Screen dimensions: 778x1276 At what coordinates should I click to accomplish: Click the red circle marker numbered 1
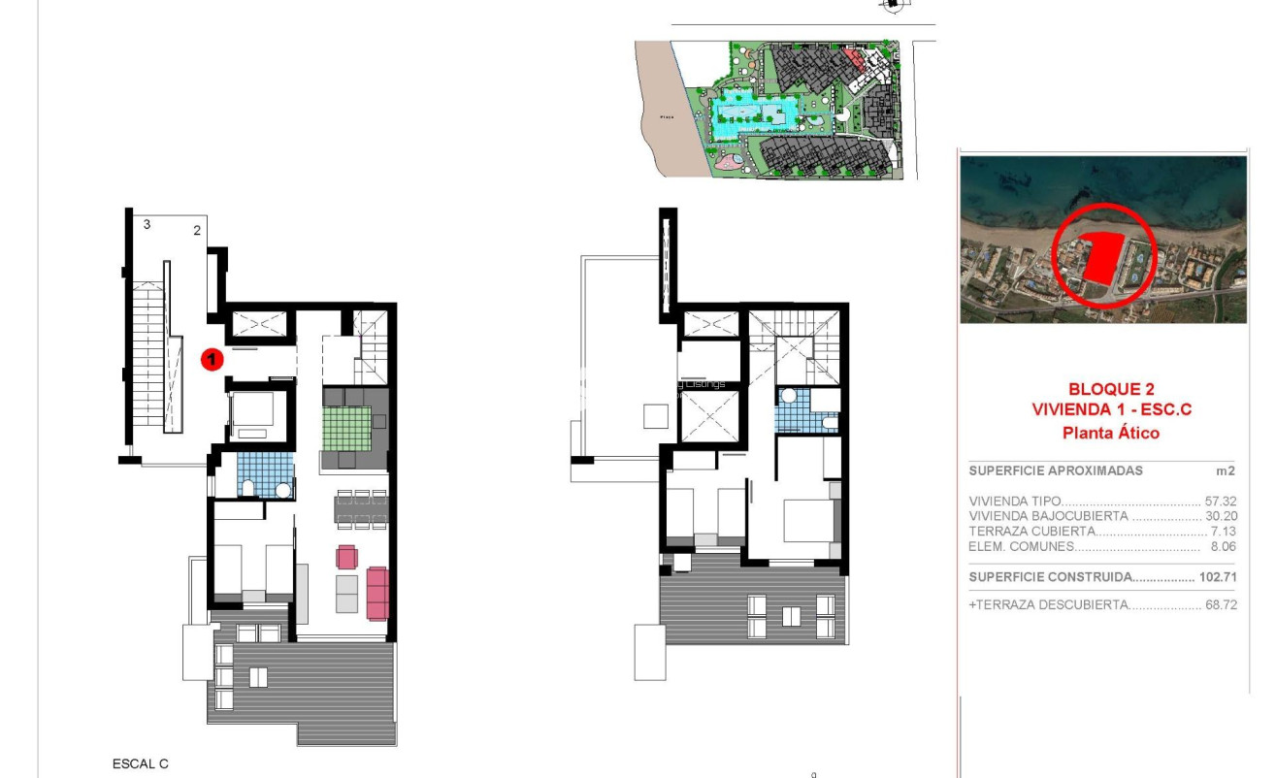[212, 360]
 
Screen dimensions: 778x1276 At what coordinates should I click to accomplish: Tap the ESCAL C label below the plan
[141, 764]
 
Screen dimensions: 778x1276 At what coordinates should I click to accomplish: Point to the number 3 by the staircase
[147, 225]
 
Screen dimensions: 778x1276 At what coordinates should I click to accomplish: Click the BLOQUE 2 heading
[1111, 390]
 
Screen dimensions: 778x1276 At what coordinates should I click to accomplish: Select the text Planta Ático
[1111, 434]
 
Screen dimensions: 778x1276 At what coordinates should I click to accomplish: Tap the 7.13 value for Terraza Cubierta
[1222, 532]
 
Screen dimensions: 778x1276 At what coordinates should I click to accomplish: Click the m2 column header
[1226, 470]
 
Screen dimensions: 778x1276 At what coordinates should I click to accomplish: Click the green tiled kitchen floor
[348, 428]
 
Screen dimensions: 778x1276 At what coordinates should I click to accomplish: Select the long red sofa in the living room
[377, 593]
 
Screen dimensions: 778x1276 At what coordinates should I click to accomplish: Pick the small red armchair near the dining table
[346, 557]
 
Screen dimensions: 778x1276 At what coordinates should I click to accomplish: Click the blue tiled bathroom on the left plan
[263, 474]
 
